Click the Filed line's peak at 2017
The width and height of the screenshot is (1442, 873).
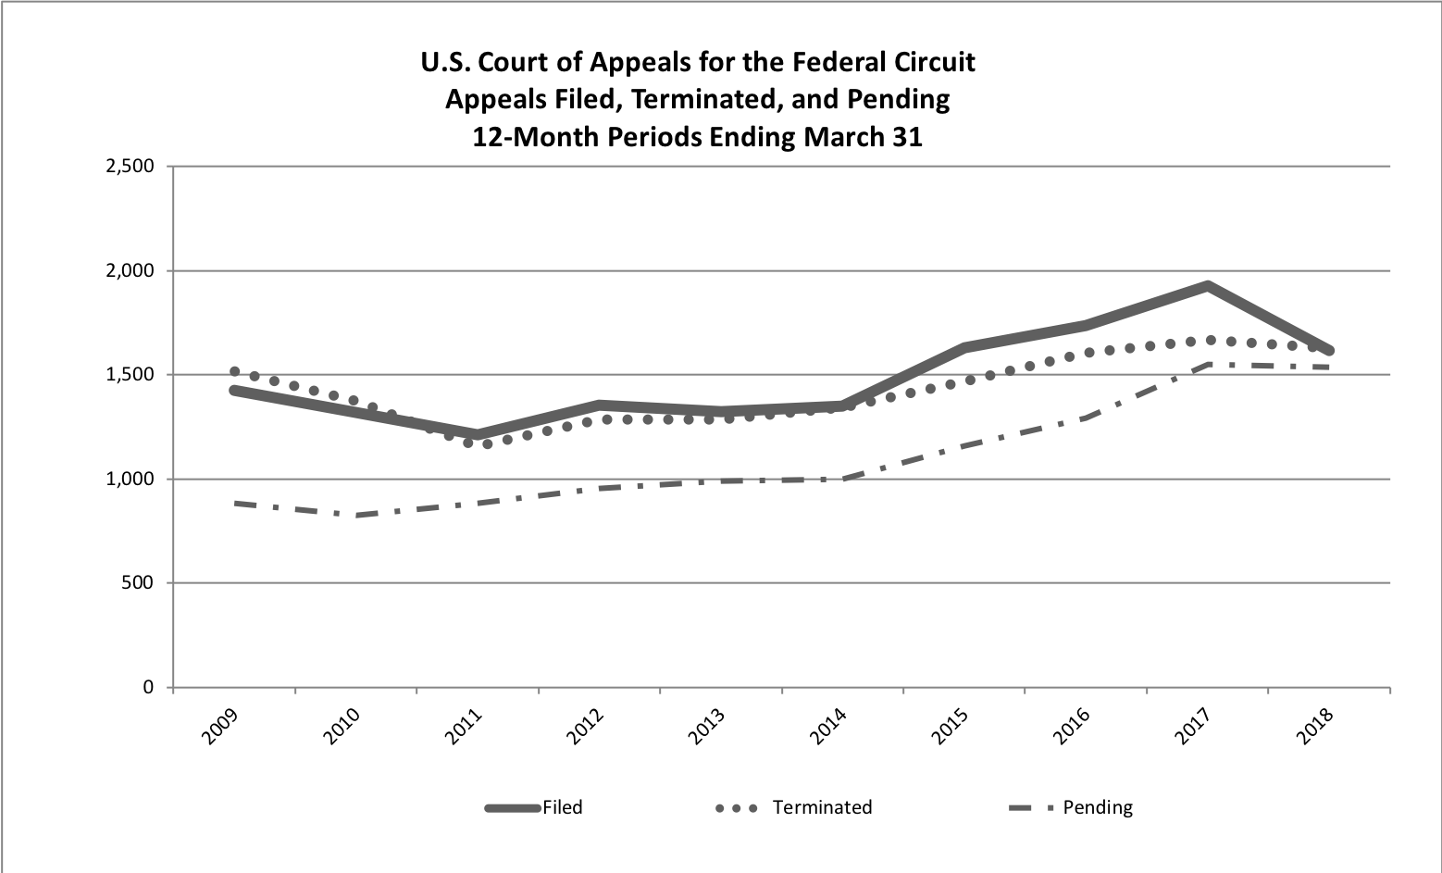(1208, 285)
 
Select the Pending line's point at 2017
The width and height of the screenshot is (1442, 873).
(1208, 365)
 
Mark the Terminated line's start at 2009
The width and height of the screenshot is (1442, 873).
(234, 371)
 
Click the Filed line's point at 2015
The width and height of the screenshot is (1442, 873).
(964, 347)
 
